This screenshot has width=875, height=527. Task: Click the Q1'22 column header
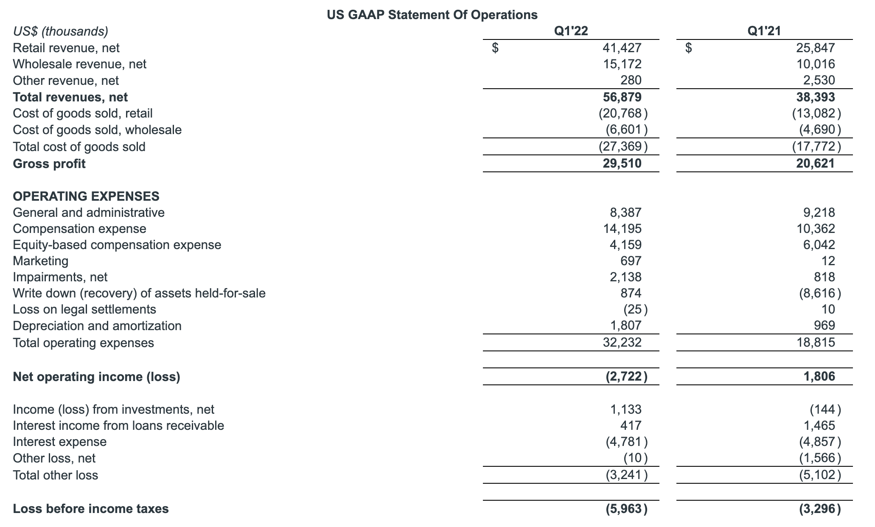(571, 31)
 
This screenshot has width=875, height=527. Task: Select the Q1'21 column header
(764, 31)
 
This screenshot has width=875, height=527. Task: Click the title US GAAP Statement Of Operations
(432, 15)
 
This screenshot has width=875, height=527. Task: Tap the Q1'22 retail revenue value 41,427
(622, 48)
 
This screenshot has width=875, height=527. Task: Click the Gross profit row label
(49, 164)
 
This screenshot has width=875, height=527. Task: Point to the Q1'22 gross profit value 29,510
(622, 164)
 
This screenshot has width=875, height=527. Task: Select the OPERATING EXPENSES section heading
(86, 196)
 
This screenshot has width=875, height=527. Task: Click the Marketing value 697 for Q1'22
(631, 261)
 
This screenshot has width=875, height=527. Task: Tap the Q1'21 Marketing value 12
(828, 261)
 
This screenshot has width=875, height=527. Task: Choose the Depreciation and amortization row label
(97, 326)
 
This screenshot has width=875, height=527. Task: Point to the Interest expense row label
(60, 442)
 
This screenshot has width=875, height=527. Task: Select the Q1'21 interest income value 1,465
(819, 426)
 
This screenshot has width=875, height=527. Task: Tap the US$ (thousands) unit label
(61, 31)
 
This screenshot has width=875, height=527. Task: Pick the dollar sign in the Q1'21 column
(689, 48)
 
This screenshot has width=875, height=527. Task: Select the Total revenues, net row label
(70, 97)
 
